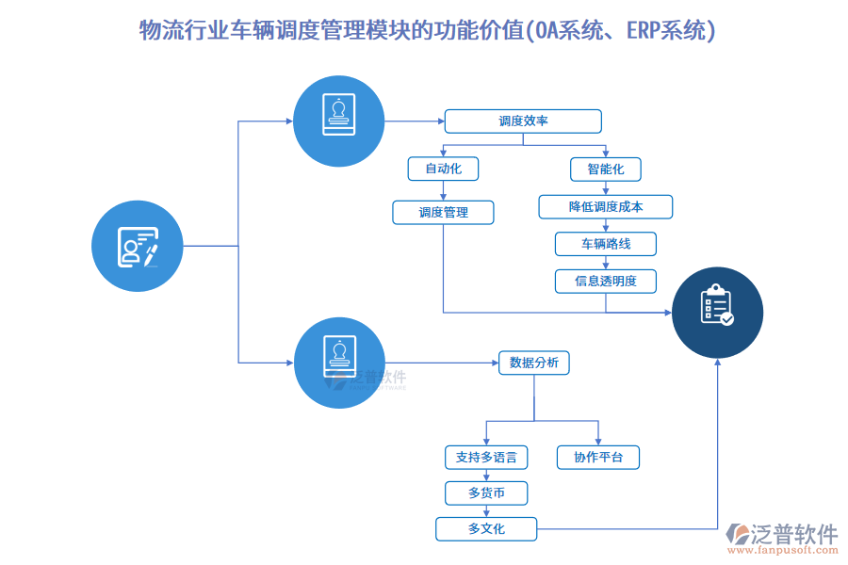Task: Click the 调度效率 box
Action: tap(523, 121)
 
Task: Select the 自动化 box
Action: tap(443, 169)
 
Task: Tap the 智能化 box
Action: tap(605, 169)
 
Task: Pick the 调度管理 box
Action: tap(443, 213)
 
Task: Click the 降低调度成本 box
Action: tap(605, 206)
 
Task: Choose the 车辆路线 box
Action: tap(605, 244)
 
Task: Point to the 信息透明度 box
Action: tap(605, 281)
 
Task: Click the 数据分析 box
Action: tap(533, 363)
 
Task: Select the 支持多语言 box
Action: tap(486, 458)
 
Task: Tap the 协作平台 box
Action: tap(598, 458)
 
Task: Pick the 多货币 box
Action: tap(486, 492)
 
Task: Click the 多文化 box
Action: tap(486, 528)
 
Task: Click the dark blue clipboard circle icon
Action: tap(717, 313)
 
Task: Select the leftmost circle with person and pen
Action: tap(137, 246)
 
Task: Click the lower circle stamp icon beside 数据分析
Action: tap(339, 363)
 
